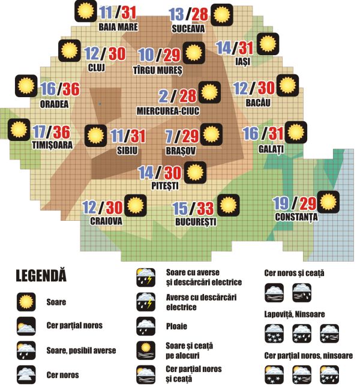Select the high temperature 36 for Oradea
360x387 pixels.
(x=71, y=89)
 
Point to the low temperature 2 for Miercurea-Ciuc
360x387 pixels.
(x=163, y=96)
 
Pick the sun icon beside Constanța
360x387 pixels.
(x=328, y=201)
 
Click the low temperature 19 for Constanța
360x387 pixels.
(x=281, y=203)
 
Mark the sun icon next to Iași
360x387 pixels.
(x=267, y=44)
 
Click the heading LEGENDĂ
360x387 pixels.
(x=41, y=277)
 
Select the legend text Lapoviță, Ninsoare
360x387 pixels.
(x=294, y=313)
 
